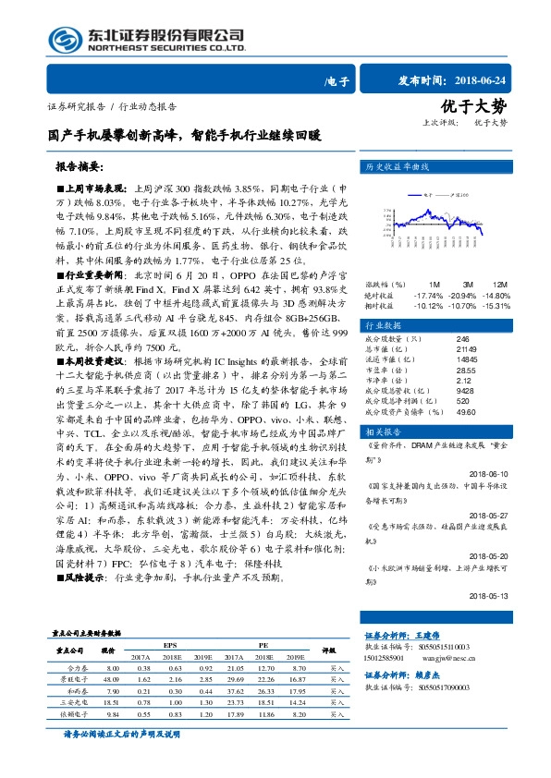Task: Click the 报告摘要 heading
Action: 80,168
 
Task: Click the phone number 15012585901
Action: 383,660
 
